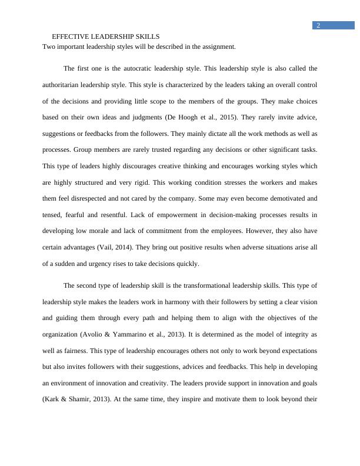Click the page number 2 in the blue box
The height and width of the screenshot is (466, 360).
(318, 25)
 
